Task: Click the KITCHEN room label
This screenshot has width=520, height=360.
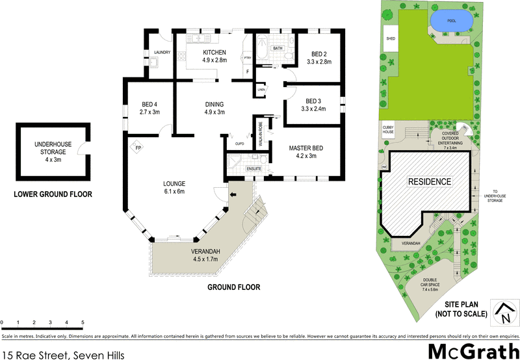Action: coord(214,53)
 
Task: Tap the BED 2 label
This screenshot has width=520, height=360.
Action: coord(319,55)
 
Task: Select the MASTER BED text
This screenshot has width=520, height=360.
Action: coord(305,148)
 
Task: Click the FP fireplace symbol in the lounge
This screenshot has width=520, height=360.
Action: coord(138,148)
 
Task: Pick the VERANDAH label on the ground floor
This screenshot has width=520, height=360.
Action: coord(206,251)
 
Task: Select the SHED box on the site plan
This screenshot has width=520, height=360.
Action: coord(391,38)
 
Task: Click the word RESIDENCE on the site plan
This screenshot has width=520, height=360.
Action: coord(428,181)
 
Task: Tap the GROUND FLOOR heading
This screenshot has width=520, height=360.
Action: coord(233,287)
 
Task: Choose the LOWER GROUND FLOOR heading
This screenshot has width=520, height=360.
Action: coord(53,194)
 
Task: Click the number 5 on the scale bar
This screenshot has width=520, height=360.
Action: coord(83,322)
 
